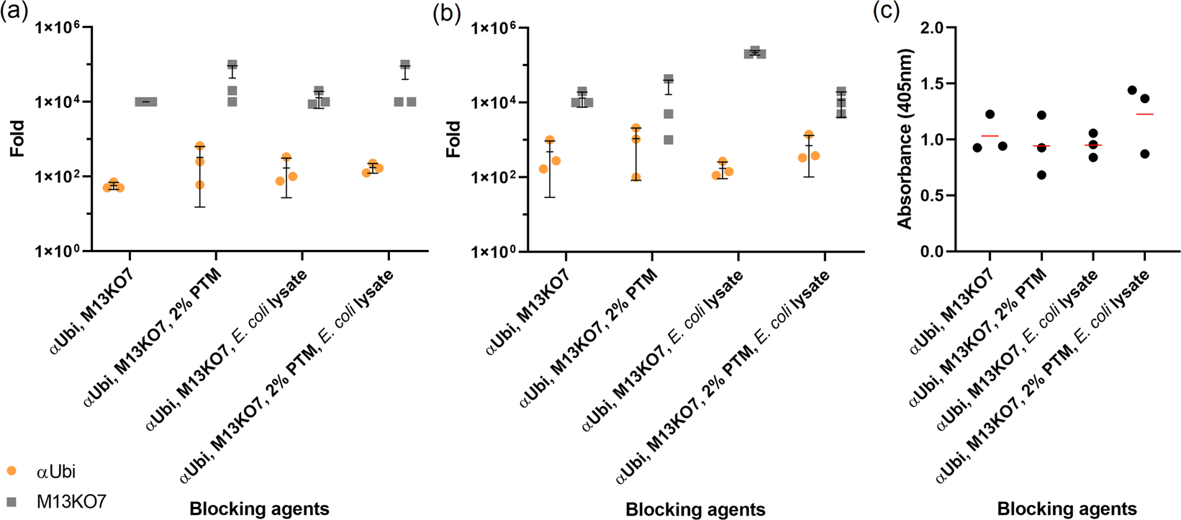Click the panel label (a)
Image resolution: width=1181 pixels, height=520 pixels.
tap(14, 12)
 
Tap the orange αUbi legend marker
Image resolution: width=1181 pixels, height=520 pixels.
tap(11, 472)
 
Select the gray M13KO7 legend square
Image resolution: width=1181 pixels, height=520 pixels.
tap(11, 501)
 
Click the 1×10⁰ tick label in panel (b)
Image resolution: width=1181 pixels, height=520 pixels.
tap(497, 251)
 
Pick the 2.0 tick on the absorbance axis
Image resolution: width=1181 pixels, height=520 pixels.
tap(931, 27)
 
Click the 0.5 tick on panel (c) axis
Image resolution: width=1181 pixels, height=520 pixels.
tap(931, 195)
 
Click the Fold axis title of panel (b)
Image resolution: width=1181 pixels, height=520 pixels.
tap(453, 139)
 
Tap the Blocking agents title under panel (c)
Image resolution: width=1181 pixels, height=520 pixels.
tap(1067, 509)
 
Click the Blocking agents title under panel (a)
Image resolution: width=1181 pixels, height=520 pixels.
tap(259, 509)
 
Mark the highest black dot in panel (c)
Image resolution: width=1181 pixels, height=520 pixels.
tap(1132, 90)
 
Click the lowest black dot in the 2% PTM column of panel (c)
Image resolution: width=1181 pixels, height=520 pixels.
tap(1041, 175)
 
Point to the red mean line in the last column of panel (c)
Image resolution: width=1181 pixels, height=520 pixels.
tap(1144, 115)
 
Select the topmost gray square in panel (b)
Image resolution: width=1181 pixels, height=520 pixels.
tap(755, 50)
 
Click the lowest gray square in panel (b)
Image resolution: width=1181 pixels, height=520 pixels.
tap(669, 140)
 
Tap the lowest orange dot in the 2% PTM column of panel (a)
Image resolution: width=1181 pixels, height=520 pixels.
tap(200, 185)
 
